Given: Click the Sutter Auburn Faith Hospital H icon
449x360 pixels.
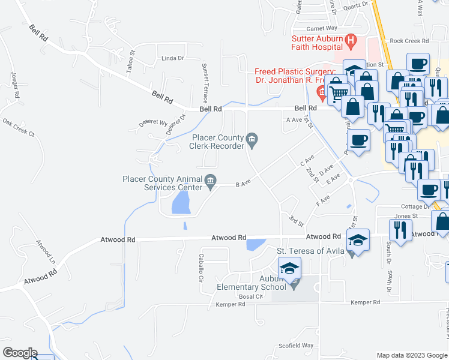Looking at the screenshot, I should [x=352, y=41].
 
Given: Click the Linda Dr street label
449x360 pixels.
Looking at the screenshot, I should [x=172, y=58].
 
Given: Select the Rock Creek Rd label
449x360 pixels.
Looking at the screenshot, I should [x=409, y=41].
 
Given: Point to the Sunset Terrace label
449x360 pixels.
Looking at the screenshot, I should [x=205, y=82].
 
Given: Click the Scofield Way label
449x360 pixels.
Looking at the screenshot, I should [x=298, y=346].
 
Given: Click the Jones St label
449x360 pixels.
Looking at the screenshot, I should [x=406, y=216].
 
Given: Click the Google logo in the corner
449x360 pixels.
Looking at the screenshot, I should [x=19, y=353].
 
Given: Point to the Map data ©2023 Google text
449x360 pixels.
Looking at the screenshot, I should [x=411, y=355].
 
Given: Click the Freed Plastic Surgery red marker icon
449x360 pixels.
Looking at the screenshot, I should [x=321, y=92].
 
